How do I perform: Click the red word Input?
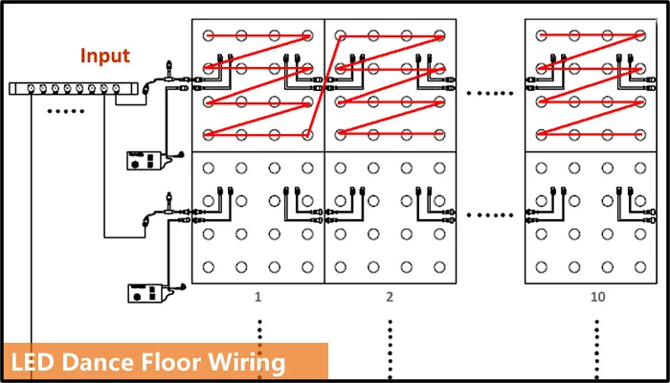click(104, 56)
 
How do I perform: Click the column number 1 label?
click(258, 298)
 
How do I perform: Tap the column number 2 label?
click(390, 298)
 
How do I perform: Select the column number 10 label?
click(597, 298)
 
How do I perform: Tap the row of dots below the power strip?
click(67, 111)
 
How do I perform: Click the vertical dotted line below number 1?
click(258, 345)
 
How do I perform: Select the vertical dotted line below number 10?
click(597, 345)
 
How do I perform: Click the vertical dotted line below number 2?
click(390, 345)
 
